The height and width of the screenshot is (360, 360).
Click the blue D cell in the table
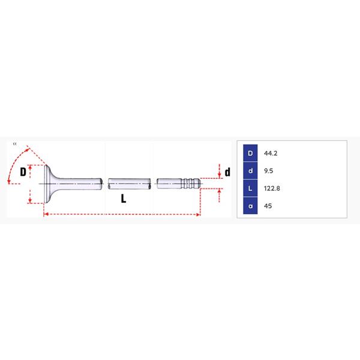pos(250,153)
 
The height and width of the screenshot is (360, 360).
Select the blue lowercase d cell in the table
pos(250,170)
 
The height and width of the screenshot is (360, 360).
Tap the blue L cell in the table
pos(250,188)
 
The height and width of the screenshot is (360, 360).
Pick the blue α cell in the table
pos(250,206)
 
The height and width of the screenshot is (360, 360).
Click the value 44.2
pos(271,154)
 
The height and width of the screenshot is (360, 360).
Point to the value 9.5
pos(268,171)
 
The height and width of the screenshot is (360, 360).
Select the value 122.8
pos(272,188)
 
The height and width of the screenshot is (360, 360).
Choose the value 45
pos(268,206)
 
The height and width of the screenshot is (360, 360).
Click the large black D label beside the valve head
pos(23,172)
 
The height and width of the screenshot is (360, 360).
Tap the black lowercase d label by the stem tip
pos(227,172)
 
